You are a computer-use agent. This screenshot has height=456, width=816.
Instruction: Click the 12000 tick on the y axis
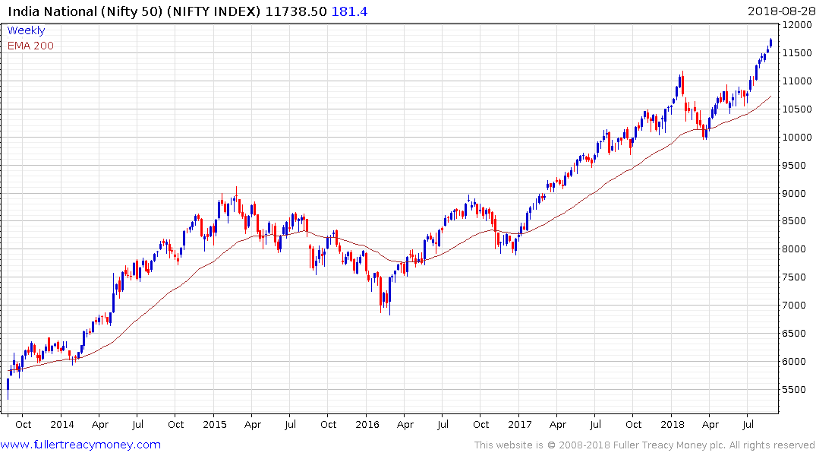click(x=796, y=24)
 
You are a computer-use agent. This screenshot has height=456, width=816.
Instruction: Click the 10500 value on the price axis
click(x=796, y=109)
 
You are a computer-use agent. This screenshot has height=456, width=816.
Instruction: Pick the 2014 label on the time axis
click(x=61, y=424)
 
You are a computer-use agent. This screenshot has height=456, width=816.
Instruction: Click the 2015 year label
click(x=215, y=424)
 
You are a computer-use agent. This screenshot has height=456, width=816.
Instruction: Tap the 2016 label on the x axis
click(x=367, y=424)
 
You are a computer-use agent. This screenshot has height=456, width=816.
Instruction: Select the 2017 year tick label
click(x=520, y=424)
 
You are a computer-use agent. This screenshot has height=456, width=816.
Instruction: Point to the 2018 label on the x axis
click(x=673, y=424)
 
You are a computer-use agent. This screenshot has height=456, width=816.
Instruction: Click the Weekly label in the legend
click(x=26, y=31)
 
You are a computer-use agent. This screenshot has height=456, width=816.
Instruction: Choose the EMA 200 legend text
click(x=30, y=46)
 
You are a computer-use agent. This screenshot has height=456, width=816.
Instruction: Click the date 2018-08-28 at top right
click(x=780, y=10)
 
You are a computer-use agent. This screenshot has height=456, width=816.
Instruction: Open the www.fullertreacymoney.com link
click(x=81, y=445)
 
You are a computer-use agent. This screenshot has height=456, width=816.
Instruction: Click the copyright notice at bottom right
click(x=644, y=445)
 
